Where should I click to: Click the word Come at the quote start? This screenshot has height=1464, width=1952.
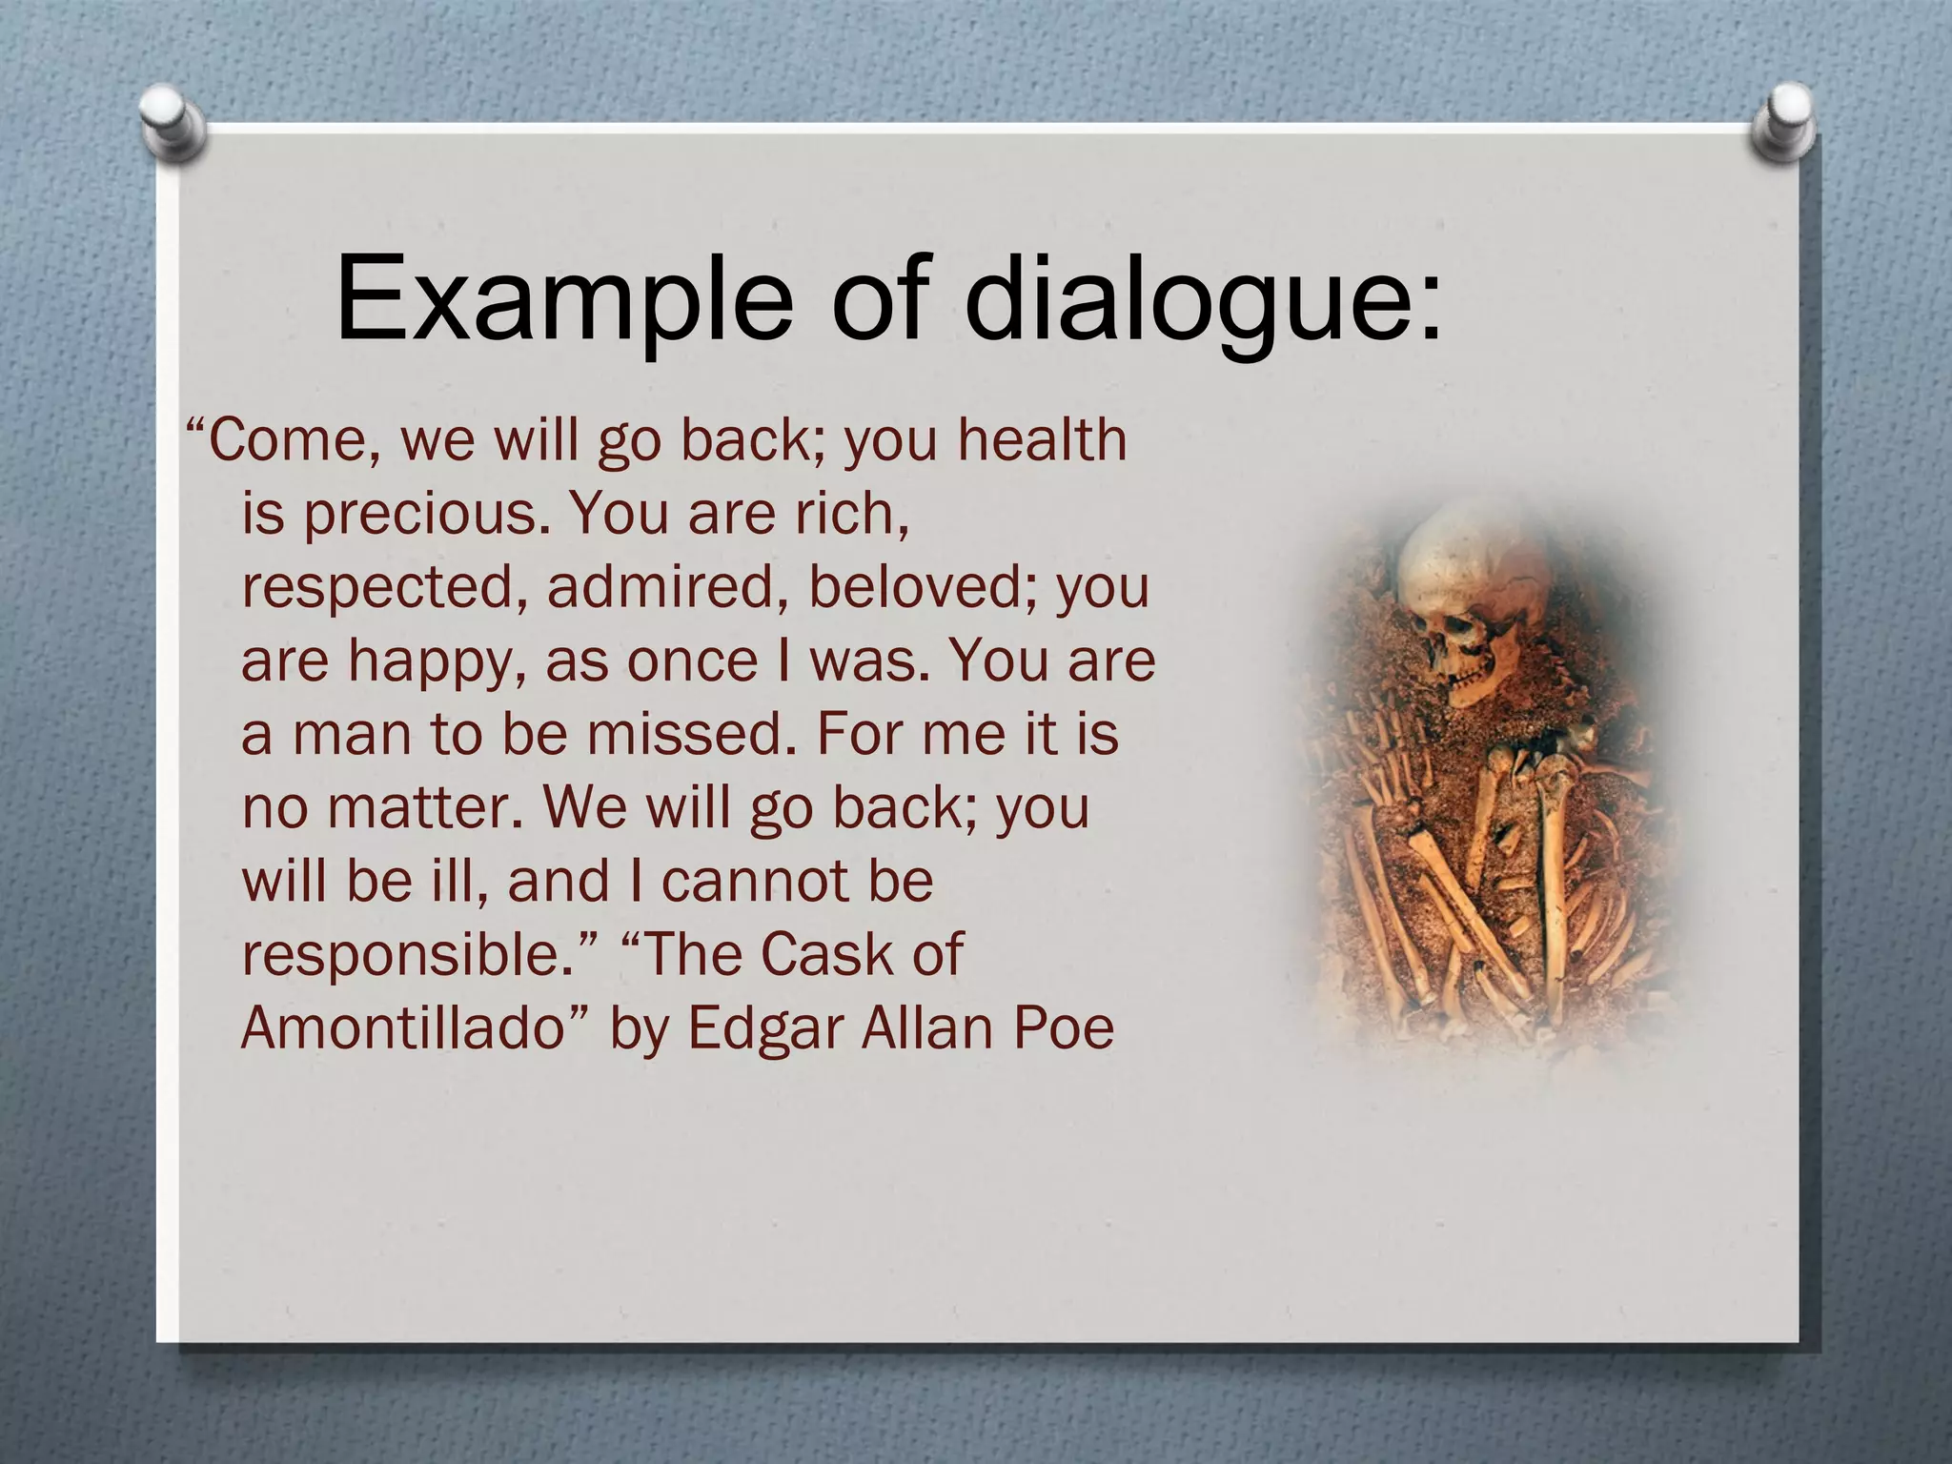(285, 441)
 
